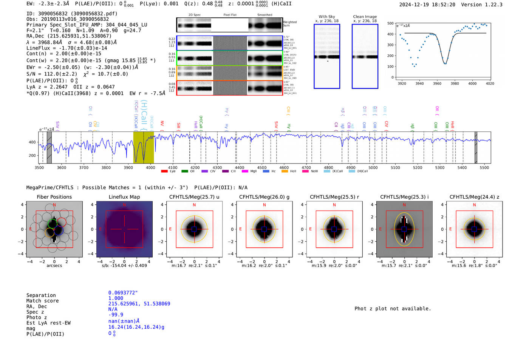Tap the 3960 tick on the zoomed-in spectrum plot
coord(437,83)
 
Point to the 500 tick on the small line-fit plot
coord(390,23)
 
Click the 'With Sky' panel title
coord(327,17)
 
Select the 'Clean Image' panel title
coord(365,17)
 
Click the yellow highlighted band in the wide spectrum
coord(144,147)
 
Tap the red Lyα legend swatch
coord(164,171)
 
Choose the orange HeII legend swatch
coord(285,171)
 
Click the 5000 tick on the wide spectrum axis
coord(373,167)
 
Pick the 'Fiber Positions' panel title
coord(54,197)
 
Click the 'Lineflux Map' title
coord(124,197)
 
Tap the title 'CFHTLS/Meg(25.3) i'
coord(404,197)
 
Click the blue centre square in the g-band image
coord(264,229)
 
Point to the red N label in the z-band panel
coord(474,205)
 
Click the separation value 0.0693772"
coord(123,293)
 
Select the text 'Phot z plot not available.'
coord(393,309)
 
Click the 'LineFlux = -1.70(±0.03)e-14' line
coord(67,48)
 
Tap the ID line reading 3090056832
coord(72,14)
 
